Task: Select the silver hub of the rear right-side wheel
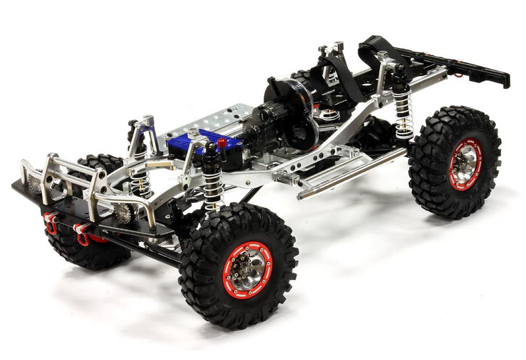(466, 164)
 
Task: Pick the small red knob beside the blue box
(222, 141)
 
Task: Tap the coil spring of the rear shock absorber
(403, 112)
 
